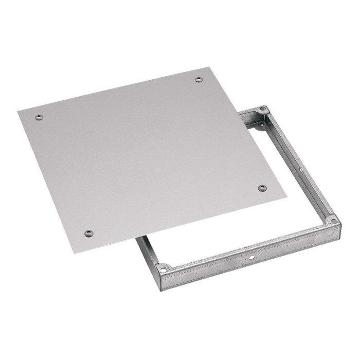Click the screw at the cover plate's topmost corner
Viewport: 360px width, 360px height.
(x=199, y=79)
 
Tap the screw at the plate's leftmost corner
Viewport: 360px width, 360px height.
(x=39, y=117)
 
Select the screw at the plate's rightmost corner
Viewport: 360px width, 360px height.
(x=262, y=188)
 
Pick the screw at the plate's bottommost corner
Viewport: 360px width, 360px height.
(x=89, y=233)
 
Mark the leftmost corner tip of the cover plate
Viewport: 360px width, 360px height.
(x=17, y=110)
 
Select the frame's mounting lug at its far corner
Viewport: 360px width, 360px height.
(x=263, y=110)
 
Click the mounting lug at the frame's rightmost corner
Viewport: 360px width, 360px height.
(x=332, y=220)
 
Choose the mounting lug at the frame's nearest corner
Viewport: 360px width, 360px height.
(x=164, y=268)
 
